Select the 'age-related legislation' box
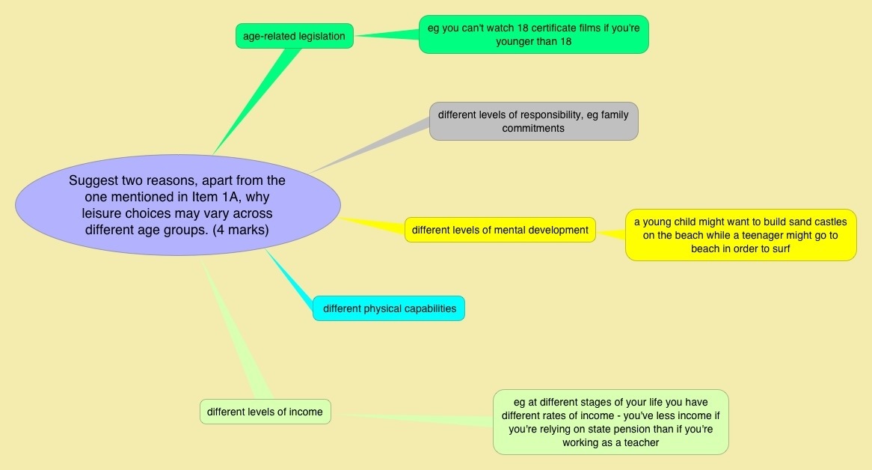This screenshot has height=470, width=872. click(x=294, y=36)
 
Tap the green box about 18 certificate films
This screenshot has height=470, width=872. click(x=533, y=34)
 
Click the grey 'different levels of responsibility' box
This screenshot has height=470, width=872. click(x=533, y=121)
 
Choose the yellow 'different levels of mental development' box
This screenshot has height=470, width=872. click(x=500, y=230)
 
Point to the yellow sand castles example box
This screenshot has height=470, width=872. click(x=740, y=235)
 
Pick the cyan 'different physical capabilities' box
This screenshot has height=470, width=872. click(x=389, y=308)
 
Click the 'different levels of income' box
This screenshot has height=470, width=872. click(x=265, y=412)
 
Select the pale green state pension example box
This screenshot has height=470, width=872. click(x=610, y=421)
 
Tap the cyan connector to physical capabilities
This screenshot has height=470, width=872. click(x=292, y=281)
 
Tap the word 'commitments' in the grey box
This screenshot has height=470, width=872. click(x=533, y=129)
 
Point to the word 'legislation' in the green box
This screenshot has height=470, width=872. click(x=318, y=36)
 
